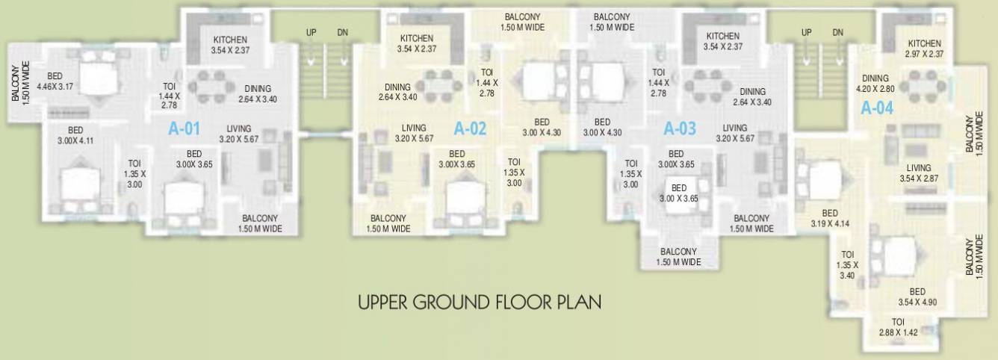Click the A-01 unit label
point(184,128)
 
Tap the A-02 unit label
point(470,128)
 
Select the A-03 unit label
point(680,128)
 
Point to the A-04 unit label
point(877,108)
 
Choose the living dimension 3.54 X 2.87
point(919,179)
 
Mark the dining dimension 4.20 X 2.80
point(875,87)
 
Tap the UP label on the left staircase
point(312,33)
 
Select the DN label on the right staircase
point(838,33)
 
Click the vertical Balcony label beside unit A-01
point(17,82)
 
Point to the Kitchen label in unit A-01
point(230,40)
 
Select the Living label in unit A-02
point(414,128)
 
